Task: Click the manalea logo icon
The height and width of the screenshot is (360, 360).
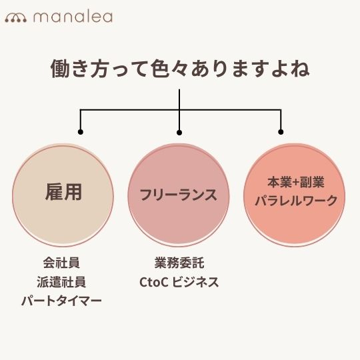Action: [16, 18]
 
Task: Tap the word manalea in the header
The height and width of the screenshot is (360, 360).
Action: [73, 17]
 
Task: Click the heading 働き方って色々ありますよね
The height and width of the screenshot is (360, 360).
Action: [180, 69]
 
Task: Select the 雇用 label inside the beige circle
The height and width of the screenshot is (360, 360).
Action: [63, 192]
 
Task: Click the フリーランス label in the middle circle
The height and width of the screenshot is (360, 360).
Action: [179, 195]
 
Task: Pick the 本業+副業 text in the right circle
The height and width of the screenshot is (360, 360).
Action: [296, 182]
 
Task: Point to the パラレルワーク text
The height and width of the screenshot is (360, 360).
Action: [296, 201]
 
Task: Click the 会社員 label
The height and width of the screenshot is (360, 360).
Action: [61, 263]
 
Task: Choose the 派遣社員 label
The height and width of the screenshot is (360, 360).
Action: [61, 282]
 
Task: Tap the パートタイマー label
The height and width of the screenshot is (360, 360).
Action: [61, 301]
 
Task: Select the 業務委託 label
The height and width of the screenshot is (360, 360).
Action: [179, 263]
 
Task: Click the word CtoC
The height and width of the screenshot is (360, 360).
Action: [154, 282]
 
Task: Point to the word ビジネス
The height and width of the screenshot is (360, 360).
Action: [195, 282]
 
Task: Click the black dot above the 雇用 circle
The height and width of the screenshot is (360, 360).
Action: [81, 132]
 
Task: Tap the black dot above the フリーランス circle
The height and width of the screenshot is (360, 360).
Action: [179, 133]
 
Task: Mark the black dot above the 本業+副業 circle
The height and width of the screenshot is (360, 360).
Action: [281, 132]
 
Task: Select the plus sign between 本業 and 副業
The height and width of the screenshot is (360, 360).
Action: [296, 183]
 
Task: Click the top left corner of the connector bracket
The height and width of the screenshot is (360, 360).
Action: [81, 110]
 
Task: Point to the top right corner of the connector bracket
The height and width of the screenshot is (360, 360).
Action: [281, 110]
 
